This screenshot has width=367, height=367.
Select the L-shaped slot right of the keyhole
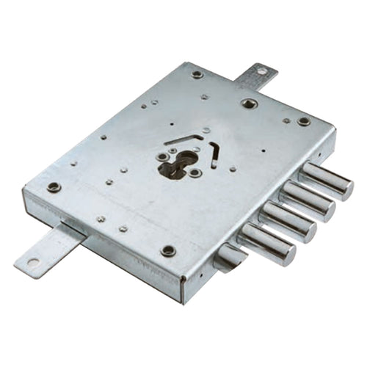(214, 153)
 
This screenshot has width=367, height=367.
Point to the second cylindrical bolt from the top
(308, 200)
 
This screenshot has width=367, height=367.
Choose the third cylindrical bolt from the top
(289, 222)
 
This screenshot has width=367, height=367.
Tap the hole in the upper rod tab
(262, 71)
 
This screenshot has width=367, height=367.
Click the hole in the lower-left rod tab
(32, 261)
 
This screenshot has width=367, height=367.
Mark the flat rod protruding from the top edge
(256, 76)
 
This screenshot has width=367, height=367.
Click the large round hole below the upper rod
(249, 103)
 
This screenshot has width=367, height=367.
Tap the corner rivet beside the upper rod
(197, 74)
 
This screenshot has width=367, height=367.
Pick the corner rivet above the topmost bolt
(304, 121)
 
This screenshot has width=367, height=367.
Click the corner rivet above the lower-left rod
(54, 187)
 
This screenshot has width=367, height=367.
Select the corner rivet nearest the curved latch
(168, 250)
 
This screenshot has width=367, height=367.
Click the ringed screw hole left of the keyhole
(162, 156)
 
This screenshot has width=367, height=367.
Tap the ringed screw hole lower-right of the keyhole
(195, 173)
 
